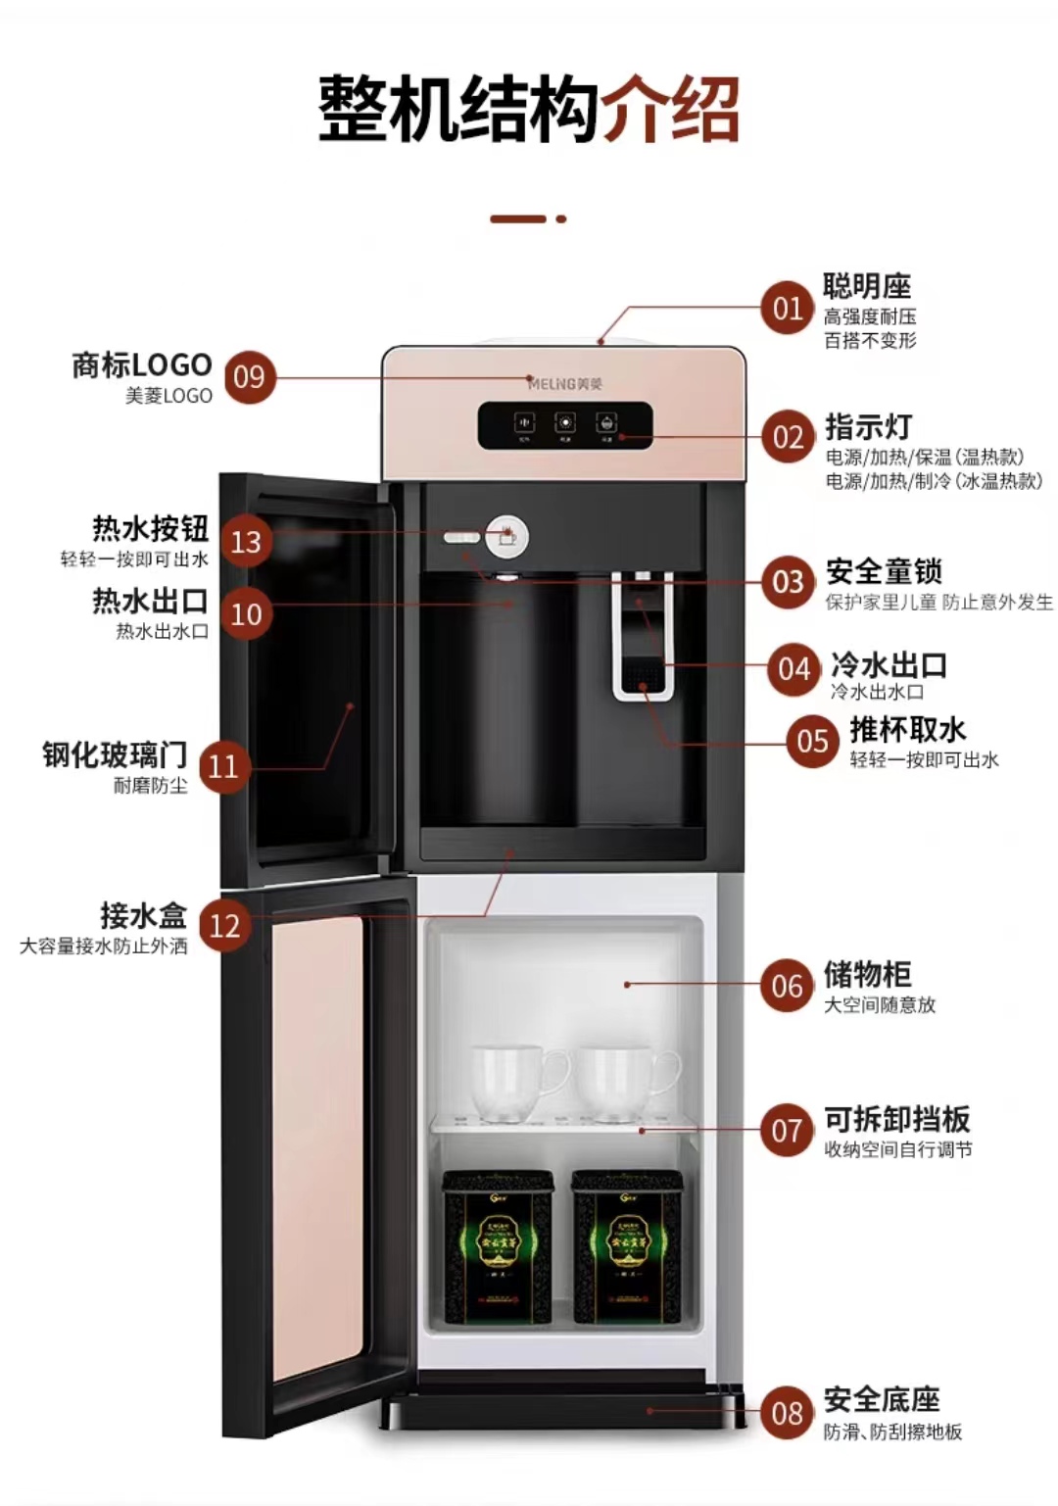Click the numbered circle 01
(x=788, y=309)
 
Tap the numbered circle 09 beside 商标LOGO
(x=250, y=377)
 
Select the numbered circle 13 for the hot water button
(x=246, y=541)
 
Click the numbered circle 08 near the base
(x=787, y=1413)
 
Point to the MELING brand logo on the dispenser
(x=565, y=383)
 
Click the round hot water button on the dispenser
(x=506, y=535)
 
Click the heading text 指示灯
(x=868, y=427)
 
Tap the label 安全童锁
(x=884, y=571)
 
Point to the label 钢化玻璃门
(x=115, y=754)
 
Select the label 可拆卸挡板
(x=896, y=1119)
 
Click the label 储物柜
(x=867, y=974)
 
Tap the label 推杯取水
(x=907, y=730)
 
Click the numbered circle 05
(x=812, y=741)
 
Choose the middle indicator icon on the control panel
(x=565, y=423)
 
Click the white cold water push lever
(x=643, y=637)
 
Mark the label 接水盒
(x=143, y=915)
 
